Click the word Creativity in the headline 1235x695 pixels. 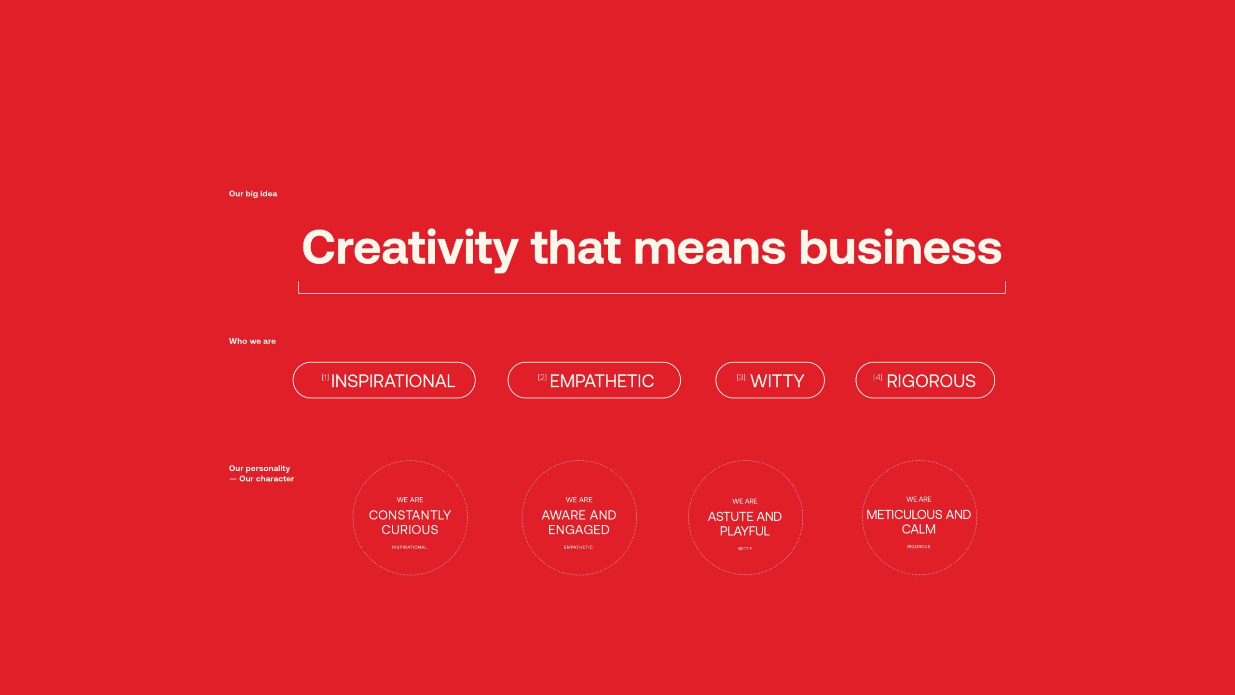(410, 248)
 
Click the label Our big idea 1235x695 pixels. (253, 194)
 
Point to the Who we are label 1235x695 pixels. (252, 341)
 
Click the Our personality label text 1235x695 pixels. (260, 468)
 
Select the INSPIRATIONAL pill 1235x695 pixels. (384, 380)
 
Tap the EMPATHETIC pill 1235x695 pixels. (594, 380)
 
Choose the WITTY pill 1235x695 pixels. (770, 380)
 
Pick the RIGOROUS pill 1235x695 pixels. (925, 380)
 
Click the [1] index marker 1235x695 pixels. (325, 377)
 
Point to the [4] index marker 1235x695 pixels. (878, 377)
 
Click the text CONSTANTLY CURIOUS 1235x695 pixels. (410, 522)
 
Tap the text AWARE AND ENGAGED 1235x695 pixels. (579, 522)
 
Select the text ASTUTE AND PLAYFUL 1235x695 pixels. (745, 524)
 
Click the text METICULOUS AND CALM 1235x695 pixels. (919, 522)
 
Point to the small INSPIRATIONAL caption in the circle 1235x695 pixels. (409, 547)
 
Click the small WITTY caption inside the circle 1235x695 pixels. (745, 549)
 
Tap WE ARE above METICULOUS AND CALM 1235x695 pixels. (919, 499)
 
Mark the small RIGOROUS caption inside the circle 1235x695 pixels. (919, 547)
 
